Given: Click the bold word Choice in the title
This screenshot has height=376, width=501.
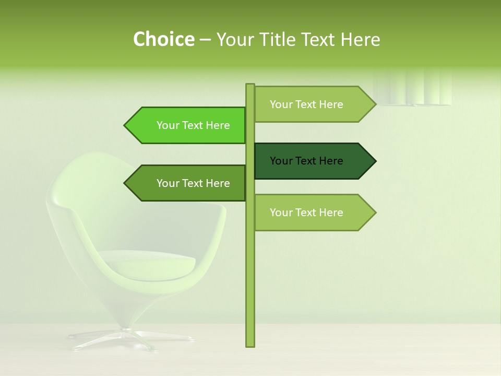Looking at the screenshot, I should pyautogui.click(x=163, y=40).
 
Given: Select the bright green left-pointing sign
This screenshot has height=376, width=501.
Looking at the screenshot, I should pyautogui.click(x=188, y=125).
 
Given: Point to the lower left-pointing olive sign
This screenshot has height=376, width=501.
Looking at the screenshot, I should pyautogui.click(x=188, y=183).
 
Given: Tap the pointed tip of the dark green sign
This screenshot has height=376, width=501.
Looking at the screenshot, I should pyautogui.click(x=374, y=161).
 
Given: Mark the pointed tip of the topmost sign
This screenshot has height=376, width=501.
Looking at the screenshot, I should pyautogui.click(x=374, y=104).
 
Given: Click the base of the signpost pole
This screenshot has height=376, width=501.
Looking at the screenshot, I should pyautogui.click(x=250, y=342).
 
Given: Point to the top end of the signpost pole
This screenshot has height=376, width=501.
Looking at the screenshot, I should pyautogui.click(x=250, y=86).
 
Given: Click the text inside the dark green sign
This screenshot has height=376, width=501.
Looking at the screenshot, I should pyautogui.click(x=306, y=161).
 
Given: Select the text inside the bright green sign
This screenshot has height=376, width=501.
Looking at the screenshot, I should pyautogui.click(x=193, y=125).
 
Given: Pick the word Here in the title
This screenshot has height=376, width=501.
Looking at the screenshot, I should pyautogui.click(x=360, y=40).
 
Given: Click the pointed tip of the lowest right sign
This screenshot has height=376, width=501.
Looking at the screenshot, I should pyautogui.click(x=374, y=213).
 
